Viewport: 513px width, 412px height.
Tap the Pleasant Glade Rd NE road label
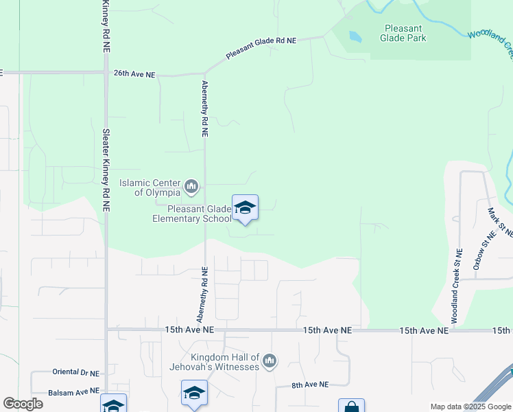[x=261, y=44]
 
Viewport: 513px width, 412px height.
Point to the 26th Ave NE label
[x=134, y=73]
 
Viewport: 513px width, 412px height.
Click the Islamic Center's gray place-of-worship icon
[x=191, y=186]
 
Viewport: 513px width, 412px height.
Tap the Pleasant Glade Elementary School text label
[x=191, y=214]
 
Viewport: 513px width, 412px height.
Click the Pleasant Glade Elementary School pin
[x=245, y=208]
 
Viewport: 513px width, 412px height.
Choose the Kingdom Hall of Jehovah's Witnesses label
[x=225, y=362]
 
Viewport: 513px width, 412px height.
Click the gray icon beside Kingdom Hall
[x=270, y=360]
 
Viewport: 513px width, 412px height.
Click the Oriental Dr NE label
[x=76, y=372]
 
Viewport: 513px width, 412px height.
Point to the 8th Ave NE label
[x=310, y=385]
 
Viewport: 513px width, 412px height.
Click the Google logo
[x=23, y=404]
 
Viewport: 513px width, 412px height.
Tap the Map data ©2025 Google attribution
[x=470, y=407]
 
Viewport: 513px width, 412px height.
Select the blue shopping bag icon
[x=351, y=407]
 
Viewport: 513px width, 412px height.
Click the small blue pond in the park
[x=355, y=36]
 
